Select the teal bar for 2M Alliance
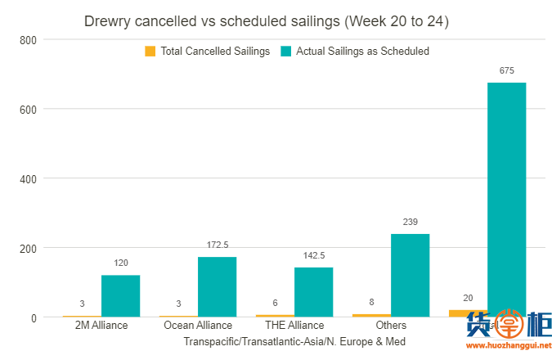point(120,295)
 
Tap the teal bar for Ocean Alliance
point(217,286)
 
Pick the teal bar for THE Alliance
point(313,291)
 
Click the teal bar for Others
point(410,275)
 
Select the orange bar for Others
point(371,315)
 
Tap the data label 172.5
point(217,245)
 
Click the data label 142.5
point(313,255)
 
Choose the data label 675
point(506,71)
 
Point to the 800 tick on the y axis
point(28,39)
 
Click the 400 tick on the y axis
point(28,178)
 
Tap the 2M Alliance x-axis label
point(101,326)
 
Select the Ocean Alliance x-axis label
point(197,326)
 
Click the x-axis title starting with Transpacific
point(294,341)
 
